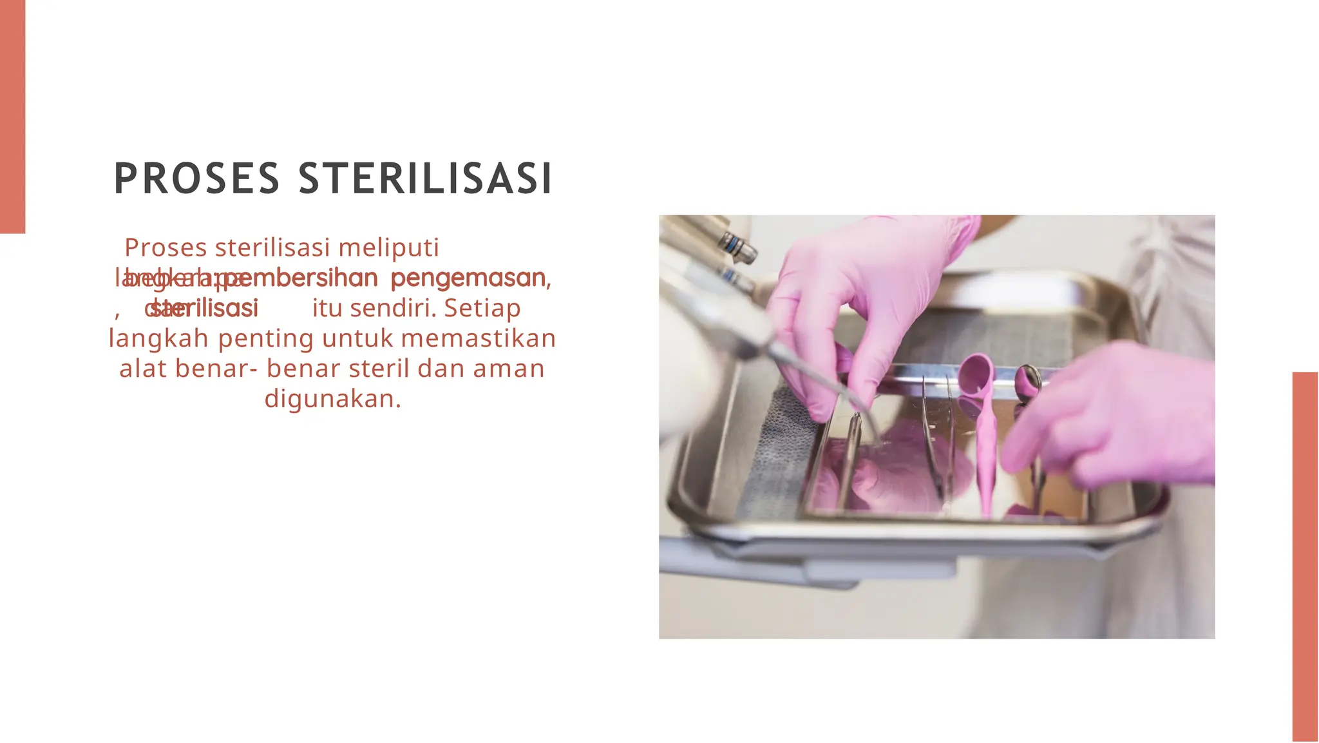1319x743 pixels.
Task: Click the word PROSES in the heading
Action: (x=196, y=179)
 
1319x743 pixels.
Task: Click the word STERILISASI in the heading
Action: (x=425, y=179)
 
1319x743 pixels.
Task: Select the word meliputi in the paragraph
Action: (x=388, y=247)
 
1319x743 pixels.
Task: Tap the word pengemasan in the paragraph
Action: (x=469, y=278)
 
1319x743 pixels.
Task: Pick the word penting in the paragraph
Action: (x=266, y=338)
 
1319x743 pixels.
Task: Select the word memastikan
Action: (x=478, y=338)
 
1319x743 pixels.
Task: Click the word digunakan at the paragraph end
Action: (x=332, y=399)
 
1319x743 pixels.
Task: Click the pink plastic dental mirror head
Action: (x=976, y=374)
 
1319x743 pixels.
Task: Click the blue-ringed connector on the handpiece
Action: (x=735, y=245)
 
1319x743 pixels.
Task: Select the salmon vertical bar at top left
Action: (x=12, y=116)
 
